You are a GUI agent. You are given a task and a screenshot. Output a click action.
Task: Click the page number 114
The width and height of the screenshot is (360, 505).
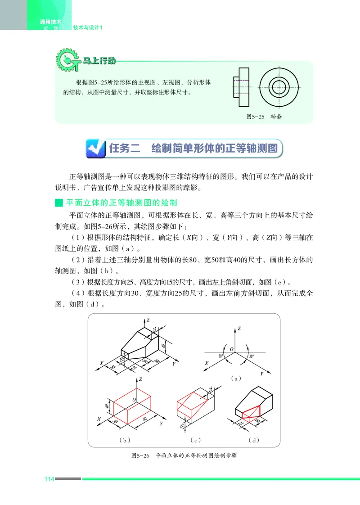click(49, 478)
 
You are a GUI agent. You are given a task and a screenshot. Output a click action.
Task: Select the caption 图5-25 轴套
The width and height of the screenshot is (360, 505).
click(264, 116)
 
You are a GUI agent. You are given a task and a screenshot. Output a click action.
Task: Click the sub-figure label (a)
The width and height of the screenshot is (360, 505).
click(236, 379)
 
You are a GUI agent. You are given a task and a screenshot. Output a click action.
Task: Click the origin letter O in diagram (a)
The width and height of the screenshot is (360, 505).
click(231, 349)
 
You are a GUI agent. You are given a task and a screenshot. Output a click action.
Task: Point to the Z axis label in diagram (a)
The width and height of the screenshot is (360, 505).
click(239, 329)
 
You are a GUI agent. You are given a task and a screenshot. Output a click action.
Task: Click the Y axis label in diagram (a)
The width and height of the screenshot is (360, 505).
click(261, 374)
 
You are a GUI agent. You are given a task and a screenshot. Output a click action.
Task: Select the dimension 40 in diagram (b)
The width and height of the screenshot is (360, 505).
click(107, 406)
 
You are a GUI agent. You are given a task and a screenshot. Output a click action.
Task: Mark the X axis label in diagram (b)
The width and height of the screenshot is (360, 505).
click(98, 419)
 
